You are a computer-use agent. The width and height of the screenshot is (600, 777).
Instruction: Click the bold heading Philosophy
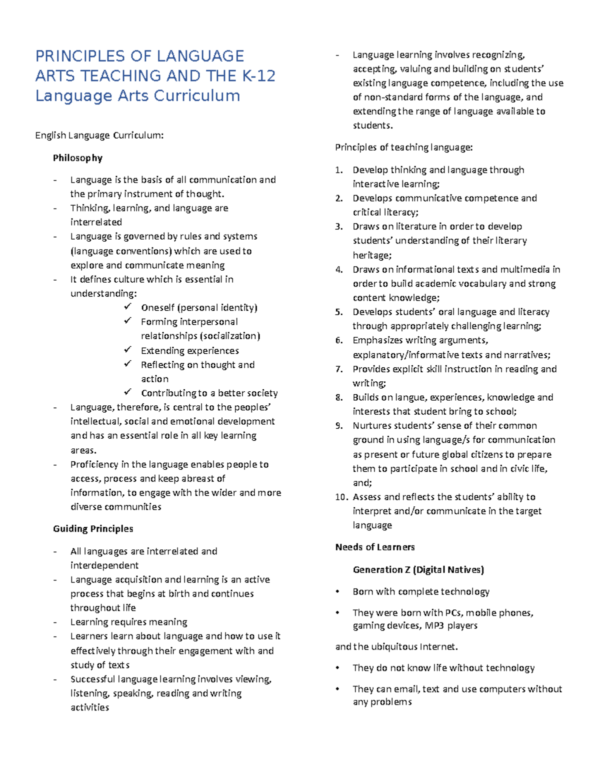[77, 158]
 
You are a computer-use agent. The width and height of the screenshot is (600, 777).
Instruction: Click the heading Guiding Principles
[93, 529]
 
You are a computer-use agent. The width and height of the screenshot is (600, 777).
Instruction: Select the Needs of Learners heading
[375, 547]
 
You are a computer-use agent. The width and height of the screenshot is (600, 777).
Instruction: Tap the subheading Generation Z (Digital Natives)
[418, 569]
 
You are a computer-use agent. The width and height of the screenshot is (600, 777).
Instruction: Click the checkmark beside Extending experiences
[128, 350]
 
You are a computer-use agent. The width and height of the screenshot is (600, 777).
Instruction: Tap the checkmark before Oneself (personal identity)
[128, 307]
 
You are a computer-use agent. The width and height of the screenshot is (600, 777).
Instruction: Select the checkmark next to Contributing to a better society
[128, 392]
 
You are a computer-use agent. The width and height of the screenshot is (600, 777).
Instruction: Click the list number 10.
[341, 497]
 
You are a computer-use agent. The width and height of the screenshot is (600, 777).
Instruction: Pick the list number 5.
[339, 312]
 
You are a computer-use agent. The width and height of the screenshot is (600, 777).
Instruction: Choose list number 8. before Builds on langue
[339, 398]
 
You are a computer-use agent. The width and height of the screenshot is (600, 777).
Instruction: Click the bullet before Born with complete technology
[338, 592]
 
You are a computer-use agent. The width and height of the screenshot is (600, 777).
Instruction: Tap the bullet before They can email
[338, 689]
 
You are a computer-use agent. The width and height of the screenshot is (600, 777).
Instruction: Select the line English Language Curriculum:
[99, 135]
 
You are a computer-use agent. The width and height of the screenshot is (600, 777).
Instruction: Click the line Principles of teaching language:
[403, 147]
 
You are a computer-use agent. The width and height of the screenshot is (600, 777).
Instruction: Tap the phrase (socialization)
[229, 336]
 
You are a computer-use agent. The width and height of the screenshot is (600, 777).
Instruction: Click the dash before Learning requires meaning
[55, 622]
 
